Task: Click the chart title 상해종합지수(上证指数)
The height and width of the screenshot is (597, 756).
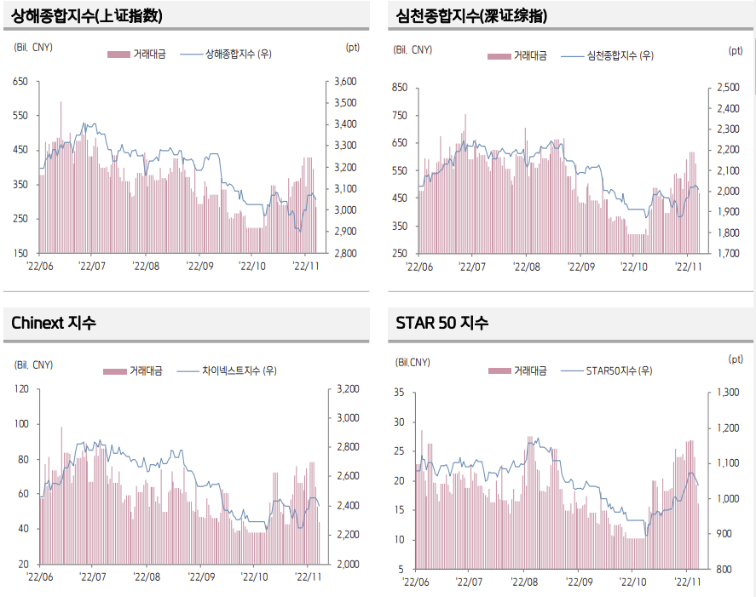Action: (88, 16)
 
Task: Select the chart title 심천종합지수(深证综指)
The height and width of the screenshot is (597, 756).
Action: (472, 16)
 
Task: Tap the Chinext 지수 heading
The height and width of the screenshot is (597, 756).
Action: (54, 323)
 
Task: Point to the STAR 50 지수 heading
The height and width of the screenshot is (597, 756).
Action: (442, 323)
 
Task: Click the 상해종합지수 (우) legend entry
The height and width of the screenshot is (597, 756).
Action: (239, 55)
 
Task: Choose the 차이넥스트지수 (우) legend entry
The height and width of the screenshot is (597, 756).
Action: (239, 370)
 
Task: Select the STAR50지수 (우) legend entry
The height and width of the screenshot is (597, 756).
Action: (619, 370)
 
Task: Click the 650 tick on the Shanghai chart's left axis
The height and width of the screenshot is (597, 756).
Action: (20, 82)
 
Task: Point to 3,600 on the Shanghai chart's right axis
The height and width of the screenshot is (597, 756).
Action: (344, 82)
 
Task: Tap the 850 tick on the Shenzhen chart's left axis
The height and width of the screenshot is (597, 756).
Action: (399, 88)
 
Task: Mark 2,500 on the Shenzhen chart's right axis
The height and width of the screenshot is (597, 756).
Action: (730, 88)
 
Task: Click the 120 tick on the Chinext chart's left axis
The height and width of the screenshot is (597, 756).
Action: (20, 389)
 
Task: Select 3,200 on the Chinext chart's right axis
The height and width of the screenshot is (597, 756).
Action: (344, 389)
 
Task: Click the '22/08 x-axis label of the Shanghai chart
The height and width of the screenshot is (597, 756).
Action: (146, 267)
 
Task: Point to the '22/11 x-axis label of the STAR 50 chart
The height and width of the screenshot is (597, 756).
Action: (688, 583)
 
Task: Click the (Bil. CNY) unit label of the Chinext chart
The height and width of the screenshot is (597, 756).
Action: (34, 365)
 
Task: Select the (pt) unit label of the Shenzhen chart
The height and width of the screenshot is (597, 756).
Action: (736, 50)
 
